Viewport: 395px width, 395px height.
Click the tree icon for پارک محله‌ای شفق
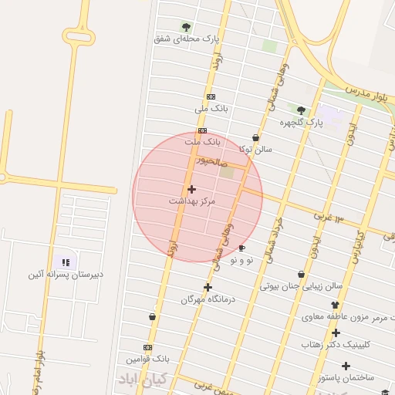point(186,26)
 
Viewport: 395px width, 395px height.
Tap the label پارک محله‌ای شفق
point(186,38)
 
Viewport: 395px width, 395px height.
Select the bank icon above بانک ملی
point(211,96)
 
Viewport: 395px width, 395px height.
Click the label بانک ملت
point(203,142)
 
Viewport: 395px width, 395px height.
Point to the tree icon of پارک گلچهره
point(301,110)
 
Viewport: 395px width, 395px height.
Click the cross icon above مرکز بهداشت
point(191,188)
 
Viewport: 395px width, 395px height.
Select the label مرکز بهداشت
point(192,201)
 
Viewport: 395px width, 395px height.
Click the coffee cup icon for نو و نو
point(241,248)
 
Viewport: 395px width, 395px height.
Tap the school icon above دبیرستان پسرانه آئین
point(64,262)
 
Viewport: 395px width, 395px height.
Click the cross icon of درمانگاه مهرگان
point(208,287)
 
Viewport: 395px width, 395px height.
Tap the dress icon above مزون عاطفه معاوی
point(335,305)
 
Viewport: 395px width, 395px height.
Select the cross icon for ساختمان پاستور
point(346,366)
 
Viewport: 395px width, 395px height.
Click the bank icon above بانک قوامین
point(147,348)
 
